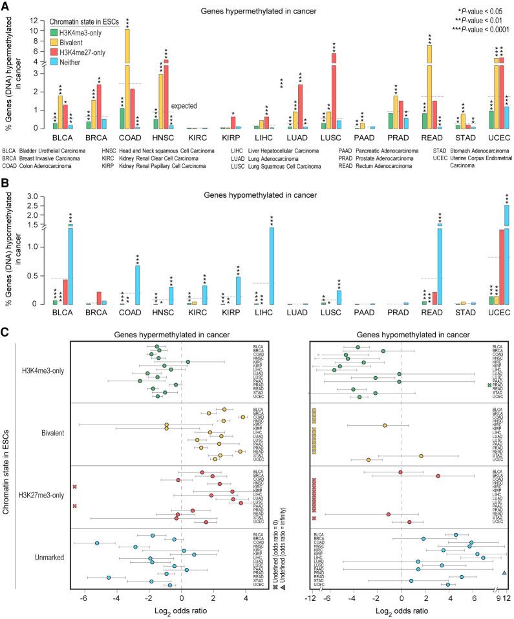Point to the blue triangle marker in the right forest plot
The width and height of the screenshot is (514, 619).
(x=504, y=573)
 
